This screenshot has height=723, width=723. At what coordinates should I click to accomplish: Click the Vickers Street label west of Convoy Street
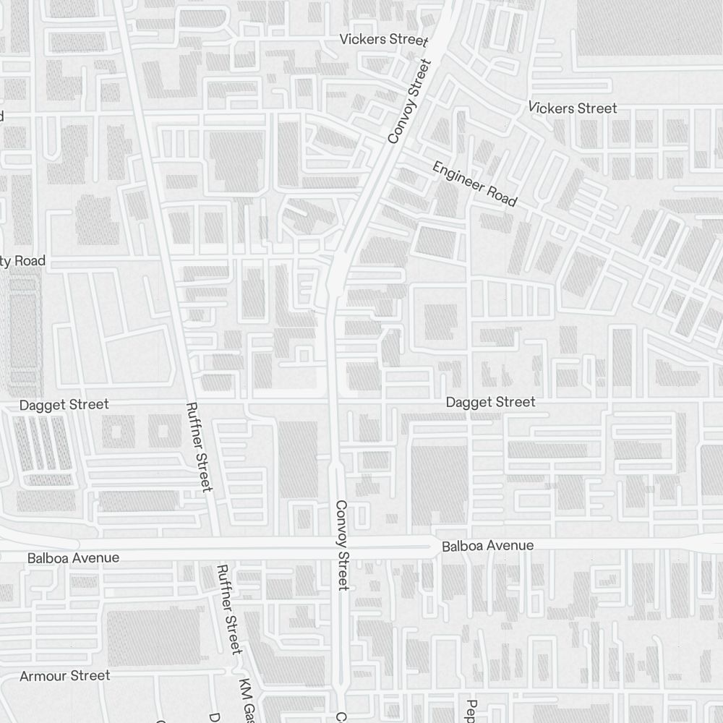click(384, 39)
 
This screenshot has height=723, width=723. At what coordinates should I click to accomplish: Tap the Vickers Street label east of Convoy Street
click(572, 108)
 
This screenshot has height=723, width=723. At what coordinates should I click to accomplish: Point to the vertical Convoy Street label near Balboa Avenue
click(343, 544)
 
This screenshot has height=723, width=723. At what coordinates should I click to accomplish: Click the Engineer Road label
click(474, 184)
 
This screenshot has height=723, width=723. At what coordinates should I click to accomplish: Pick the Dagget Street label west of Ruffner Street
click(64, 405)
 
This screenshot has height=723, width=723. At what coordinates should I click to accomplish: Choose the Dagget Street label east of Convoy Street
click(491, 402)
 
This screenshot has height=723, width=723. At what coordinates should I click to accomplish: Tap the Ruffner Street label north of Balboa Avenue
click(200, 447)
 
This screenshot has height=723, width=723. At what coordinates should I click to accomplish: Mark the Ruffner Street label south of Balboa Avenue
click(228, 609)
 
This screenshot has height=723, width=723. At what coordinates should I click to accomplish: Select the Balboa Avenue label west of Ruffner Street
click(73, 558)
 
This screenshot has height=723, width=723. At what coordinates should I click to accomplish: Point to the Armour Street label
click(65, 676)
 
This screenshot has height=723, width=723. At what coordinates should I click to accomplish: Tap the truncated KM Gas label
click(249, 700)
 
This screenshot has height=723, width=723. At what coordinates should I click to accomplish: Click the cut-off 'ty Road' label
click(22, 261)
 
